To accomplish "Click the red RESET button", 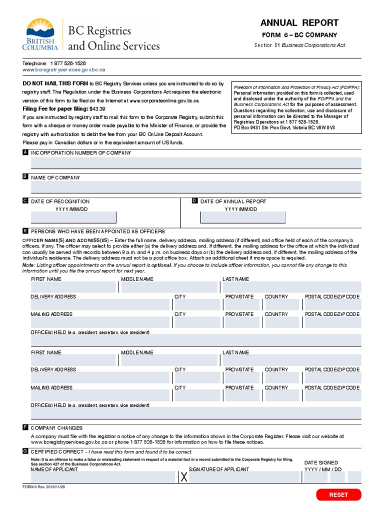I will [x=338, y=494].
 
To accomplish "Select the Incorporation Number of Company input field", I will [x=196, y=163].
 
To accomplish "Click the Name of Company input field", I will [x=196, y=187].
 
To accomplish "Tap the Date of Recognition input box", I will [x=73, y=217].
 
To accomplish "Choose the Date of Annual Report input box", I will [x=243, y=217].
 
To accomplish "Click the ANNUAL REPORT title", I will [x=299, y=23].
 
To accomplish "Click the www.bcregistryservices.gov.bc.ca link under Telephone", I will [x=63, y=70].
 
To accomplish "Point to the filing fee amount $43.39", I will [x=97, y=108].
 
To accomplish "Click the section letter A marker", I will [x=25, y=152].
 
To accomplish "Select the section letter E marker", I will [x=25, y=231].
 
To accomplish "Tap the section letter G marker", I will [x=25, y=451].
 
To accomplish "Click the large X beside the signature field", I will [x=184, y=478].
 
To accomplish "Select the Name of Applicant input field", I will [x=103, y=478].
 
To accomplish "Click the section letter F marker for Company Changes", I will [x=25, y=427].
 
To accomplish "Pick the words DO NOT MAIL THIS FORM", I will [x=55, y=83].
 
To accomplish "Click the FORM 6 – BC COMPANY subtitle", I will [x=299, y=35].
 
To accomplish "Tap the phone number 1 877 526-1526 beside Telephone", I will [x=67, y=63].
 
